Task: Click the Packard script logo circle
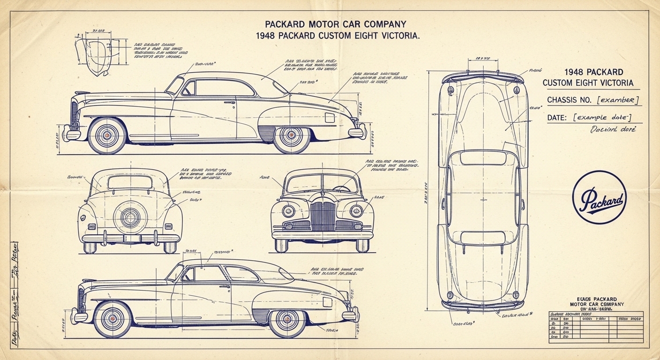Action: click(x=600, y=197)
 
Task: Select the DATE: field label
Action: click(x=558, y=118)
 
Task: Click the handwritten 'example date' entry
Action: click(x=602, y=118)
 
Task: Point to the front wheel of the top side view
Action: click(x=107, y=135)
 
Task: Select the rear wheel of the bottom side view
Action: click(x=287, y=319)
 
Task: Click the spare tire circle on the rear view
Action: click(x=130, y=217)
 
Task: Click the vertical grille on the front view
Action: click(x=322, y=216)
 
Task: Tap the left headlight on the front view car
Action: click(x=288, y=211)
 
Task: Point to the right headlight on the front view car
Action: click(x=356, y=211)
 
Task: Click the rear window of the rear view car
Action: click(x=130, y=182)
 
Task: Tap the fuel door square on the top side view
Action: click(x=330, y=117)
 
